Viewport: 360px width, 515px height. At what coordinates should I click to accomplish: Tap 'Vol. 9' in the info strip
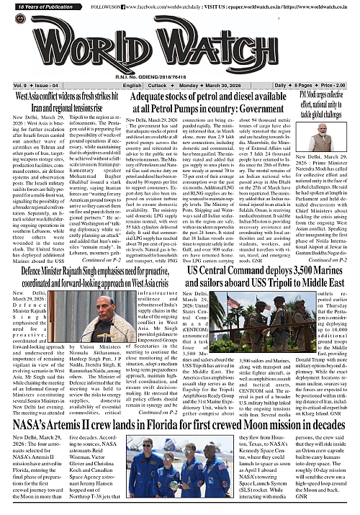coord(15,85)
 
